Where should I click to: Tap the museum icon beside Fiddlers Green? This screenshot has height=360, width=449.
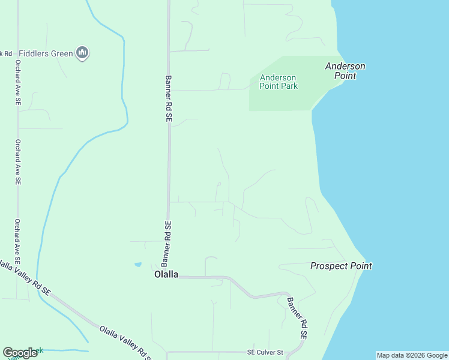(83, 53)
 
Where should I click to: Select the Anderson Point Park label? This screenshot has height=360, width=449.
(278, 82)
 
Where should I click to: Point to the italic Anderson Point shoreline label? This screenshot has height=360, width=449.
(345, 71)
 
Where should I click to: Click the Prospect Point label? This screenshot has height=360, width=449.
(341, 266)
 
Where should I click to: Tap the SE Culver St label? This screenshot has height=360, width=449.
(265, 352)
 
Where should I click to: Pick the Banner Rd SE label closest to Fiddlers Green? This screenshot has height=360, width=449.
(168, 100)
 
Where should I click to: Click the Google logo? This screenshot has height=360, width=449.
(20, 353)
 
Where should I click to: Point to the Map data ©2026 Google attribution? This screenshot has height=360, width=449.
(412, 355)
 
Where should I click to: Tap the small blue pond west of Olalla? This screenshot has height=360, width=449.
(138, 265)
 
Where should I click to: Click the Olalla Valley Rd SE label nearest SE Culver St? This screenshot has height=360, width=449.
(125, 341)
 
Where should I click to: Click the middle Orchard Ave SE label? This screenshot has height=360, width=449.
(18, 162)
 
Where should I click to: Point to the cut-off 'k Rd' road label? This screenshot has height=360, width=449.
(7, 53)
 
